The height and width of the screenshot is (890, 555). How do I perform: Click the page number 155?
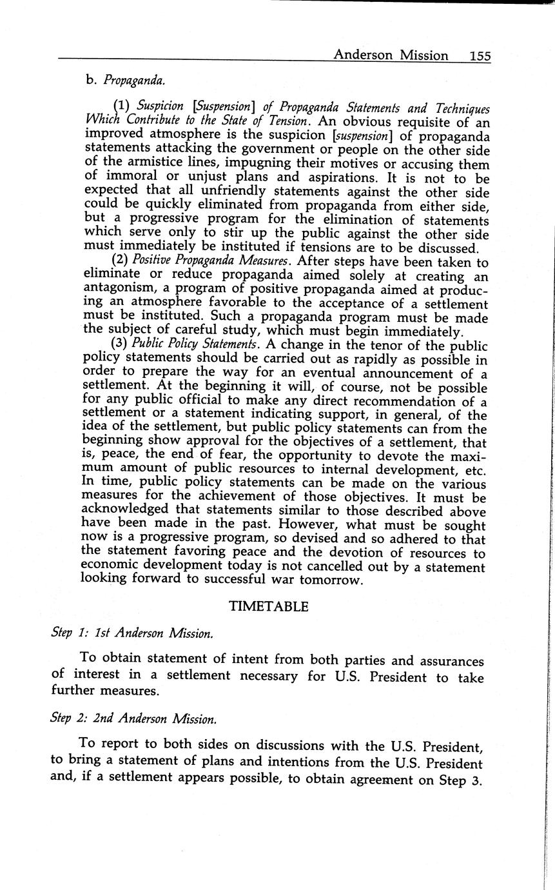pyautogui.click(x=480, y=56)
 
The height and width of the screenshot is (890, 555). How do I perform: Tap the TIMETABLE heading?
pyautogui.click(x=269, y=607)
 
